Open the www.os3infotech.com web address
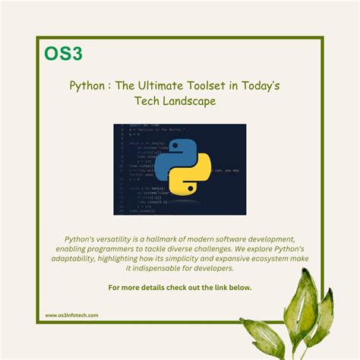pyautogui.click(x=71, y=315)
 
